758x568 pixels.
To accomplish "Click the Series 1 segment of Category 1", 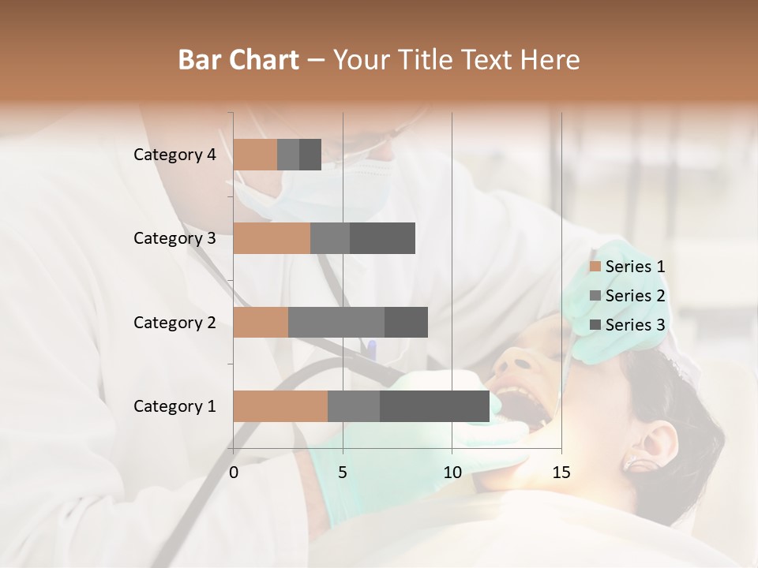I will [x=280, y=406].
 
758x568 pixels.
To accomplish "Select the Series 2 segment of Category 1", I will [x=354, y=406].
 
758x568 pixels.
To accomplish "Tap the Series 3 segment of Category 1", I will [x=434, y=406].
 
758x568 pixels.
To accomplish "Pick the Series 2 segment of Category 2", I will [x=336, y=322].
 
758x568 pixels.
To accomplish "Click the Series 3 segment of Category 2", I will [x=406, y=322].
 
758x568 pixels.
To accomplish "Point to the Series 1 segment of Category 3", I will [x=272, y=238].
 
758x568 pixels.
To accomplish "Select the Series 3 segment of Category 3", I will [x=382, y=238].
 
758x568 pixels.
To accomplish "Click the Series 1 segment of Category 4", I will [x=255, y=155].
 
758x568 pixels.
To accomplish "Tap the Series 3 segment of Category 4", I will [x=310, y=155].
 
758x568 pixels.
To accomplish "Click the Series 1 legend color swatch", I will [x=595, y=267].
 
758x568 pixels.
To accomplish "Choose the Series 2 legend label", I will [x=635, y=296].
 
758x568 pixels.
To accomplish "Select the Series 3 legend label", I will [x=635, y=325].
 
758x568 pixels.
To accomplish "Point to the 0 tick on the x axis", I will [x=234, y=473].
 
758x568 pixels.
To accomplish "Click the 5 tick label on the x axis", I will [x=343, y=473].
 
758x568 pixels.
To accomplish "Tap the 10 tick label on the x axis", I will [x=452, y=473].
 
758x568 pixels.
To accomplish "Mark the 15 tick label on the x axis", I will [x=561, y=473].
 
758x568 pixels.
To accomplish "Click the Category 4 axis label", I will [x=174, y=155].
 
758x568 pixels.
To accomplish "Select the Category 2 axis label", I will [x=174, y=322].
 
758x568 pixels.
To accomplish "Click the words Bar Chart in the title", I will [x=238, y=59].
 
